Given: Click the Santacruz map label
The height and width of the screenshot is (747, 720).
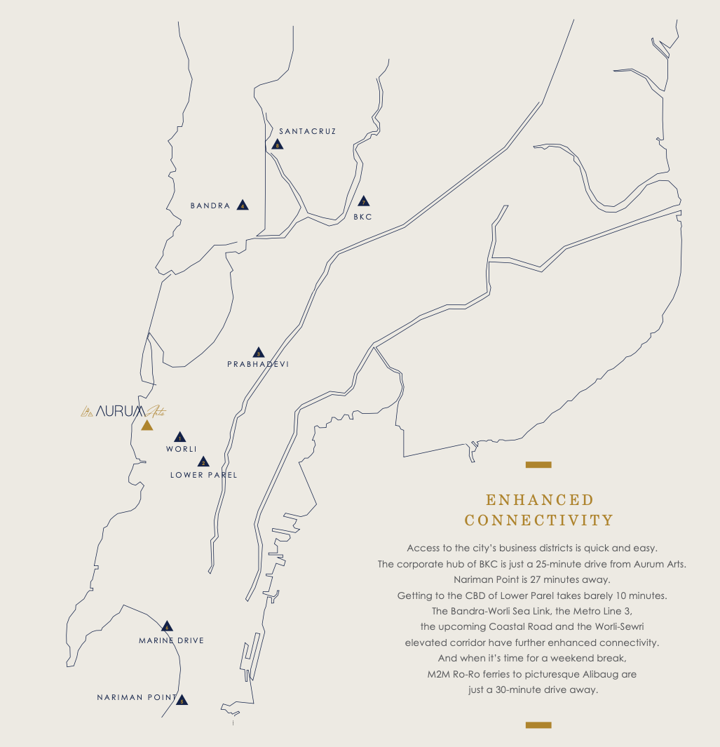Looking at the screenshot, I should point(307,131).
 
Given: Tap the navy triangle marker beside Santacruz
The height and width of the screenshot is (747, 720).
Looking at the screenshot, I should point(278,145).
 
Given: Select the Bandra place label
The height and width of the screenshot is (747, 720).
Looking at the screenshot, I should point(210,206).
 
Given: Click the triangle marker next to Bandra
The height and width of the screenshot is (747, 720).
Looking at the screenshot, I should point(243,206).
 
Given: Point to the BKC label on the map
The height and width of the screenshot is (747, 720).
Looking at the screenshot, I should point(362,217).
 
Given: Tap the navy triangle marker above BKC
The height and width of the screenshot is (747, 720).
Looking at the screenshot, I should point(363,201).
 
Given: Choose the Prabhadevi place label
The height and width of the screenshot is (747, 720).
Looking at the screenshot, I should point(258,364).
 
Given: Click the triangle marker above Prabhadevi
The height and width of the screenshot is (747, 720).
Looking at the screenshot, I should point(258,353).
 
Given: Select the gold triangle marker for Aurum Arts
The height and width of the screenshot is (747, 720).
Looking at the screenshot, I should point(147,426).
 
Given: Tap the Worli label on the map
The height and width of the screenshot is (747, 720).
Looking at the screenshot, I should point(181,449).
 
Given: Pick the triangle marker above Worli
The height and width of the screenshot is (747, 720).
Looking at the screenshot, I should point(179,437).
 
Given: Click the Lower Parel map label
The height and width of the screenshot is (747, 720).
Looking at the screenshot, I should point(203,475).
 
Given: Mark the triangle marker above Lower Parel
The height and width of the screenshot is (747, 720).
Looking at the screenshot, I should point(203,462).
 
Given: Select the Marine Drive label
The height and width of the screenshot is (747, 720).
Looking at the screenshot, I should point(171,640).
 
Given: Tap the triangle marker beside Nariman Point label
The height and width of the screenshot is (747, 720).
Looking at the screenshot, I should point(182,700).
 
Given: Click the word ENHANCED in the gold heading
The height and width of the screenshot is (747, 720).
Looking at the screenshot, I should point(539,499).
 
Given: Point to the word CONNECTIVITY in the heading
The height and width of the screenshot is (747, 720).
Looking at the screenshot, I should point(539,520).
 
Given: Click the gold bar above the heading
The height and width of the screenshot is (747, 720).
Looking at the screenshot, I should point(538,464).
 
